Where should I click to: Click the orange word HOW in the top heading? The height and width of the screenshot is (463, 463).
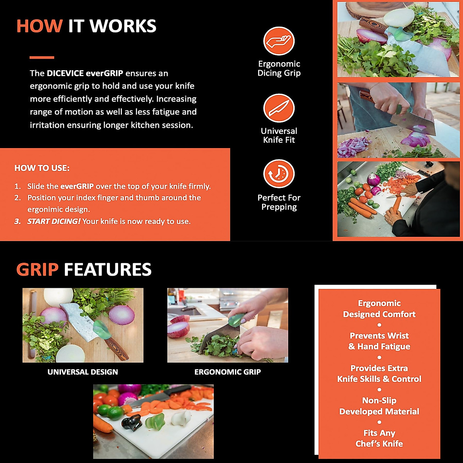tap(39, 26)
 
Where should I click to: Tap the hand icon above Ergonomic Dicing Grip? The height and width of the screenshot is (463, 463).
tap(279, 41)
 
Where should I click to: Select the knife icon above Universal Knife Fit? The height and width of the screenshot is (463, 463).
tap(279, 108)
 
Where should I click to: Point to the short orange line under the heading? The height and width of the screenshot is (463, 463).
tap(42, 57)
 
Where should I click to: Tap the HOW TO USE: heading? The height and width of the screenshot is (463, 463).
tap(42, 168)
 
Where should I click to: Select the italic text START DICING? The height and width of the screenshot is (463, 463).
tap(54, 221)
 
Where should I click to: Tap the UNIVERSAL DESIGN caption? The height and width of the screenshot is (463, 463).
tap(83, 372)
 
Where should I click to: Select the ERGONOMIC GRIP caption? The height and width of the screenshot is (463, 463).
tap(228, 372)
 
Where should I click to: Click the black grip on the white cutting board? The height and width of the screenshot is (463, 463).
tap(131, 422)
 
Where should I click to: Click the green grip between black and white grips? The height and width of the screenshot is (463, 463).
tap(155, 420)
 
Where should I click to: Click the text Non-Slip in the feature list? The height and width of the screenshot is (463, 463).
tap(379, 400)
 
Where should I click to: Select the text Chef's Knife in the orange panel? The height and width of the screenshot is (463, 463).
tap(379, 444)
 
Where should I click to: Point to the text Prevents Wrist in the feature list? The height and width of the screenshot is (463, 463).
tap(379, 336)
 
